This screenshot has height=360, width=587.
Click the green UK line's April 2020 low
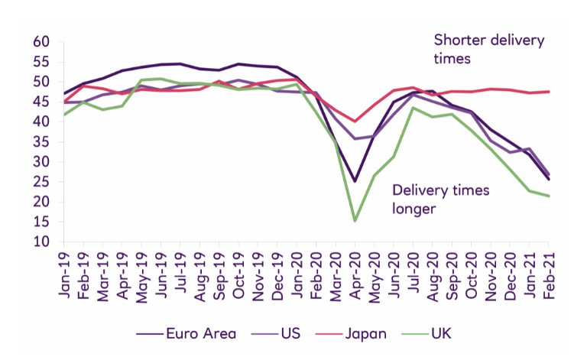355,221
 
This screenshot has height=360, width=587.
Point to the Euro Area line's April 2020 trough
355,181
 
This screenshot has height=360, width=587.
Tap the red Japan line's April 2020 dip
355,121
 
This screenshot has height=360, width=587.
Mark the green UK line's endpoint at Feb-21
549,196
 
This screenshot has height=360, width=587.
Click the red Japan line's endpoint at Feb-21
549,92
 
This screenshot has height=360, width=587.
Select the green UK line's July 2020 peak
413,107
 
